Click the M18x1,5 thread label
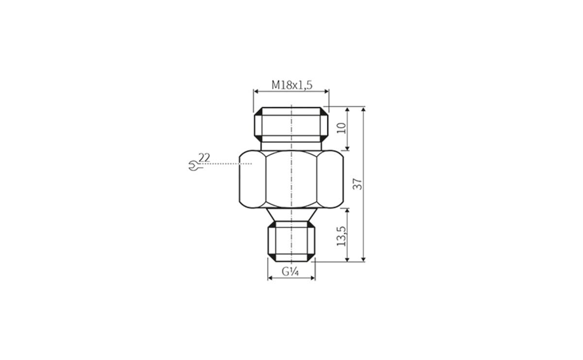[291, 85]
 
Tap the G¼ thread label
[290, 272]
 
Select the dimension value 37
[358, 184]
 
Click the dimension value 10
[342, 128]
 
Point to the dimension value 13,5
[342, 236]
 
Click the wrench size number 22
[204, 157]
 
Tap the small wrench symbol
[192, 166]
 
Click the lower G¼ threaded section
[291, 240]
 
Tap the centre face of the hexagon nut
[291, 180]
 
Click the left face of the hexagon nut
[253, 180]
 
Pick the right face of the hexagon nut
[330, 180]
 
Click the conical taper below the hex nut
[291, 215]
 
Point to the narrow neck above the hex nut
[291, 145]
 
